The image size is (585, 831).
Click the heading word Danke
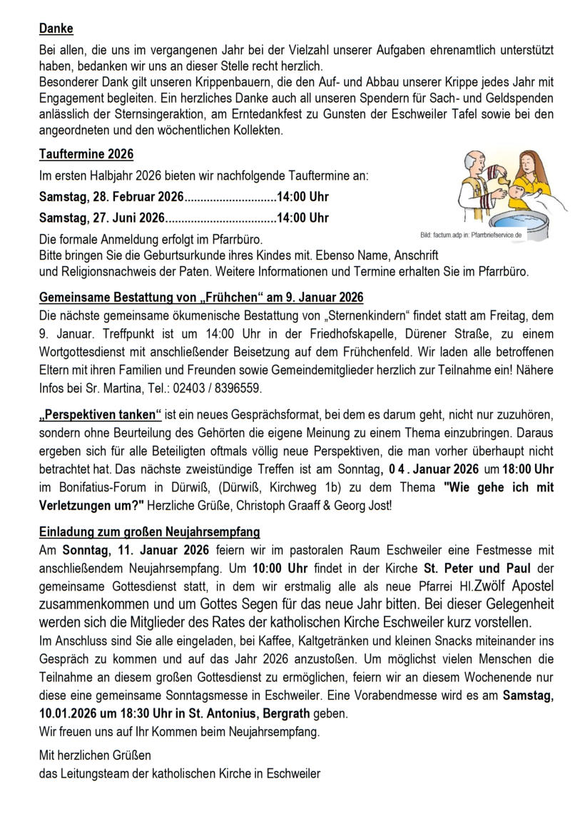tap(56, 29)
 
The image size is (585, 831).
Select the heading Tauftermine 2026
tap(86, 154)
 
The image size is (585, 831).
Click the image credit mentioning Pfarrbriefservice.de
tap(472, 234)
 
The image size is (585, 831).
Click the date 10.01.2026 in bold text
tap(71, 713)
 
